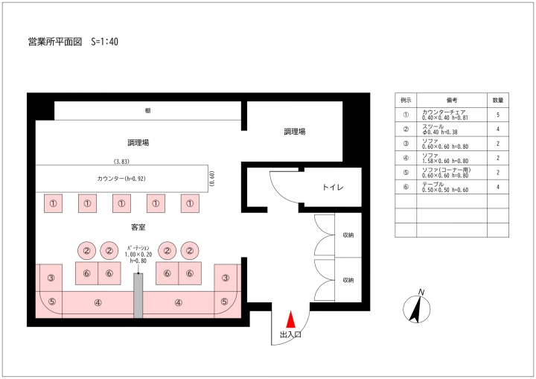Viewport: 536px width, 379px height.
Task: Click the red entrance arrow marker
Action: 290,319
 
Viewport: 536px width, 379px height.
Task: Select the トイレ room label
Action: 333,187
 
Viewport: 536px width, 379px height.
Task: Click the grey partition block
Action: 138,296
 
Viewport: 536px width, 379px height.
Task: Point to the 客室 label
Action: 138,227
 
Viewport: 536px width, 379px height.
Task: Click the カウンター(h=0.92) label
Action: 121,179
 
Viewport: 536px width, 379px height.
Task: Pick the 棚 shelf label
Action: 147,110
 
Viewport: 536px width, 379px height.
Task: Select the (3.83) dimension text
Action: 121,162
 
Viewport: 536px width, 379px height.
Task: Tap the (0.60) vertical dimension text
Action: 212,179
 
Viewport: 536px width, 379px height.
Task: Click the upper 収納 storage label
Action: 348,235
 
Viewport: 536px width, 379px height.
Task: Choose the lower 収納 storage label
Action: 348,280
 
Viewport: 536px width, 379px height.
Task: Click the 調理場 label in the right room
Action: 295,131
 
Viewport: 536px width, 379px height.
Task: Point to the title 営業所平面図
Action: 55,42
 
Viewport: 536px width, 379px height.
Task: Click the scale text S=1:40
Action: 105,42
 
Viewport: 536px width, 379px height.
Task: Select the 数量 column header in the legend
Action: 498,101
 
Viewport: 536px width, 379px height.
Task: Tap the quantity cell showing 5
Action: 498,115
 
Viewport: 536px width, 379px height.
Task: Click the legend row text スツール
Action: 433,127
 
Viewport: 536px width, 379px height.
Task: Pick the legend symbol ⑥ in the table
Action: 406,187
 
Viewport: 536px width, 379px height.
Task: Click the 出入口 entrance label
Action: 290,334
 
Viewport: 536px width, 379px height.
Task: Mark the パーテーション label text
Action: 138,248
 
